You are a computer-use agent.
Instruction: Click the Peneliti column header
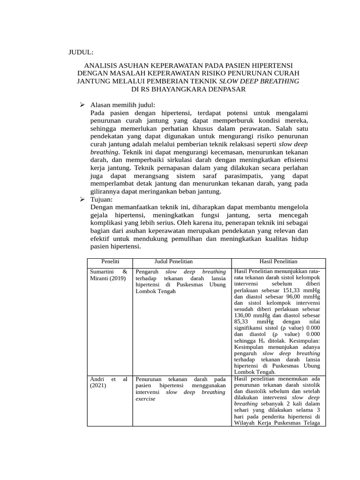pos(110,261)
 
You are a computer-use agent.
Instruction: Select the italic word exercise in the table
pos(145,398)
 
